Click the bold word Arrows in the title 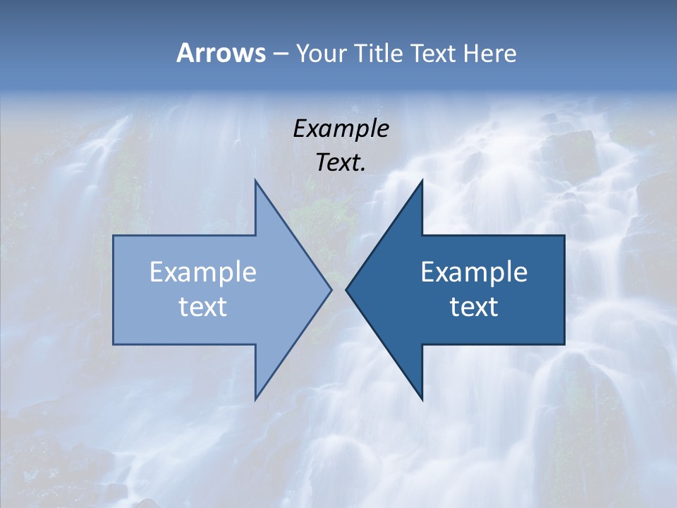coord(221,53)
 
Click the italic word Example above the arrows coord(341,129)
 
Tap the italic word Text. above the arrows coord(341,162)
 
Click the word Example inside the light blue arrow coord(203,272)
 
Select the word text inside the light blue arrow coord(203,306)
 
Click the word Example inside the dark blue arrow coord(474,272)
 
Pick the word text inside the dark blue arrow coord(474,306)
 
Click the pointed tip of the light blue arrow coord(331,289)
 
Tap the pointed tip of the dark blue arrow coord(346,289)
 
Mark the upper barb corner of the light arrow coord(255,181)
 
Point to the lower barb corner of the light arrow coord(255,399)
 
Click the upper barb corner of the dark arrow coord(422,181)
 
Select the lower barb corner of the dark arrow coord(422,399)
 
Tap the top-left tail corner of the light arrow coord(114,236)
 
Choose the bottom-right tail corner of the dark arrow coord(563,344)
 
